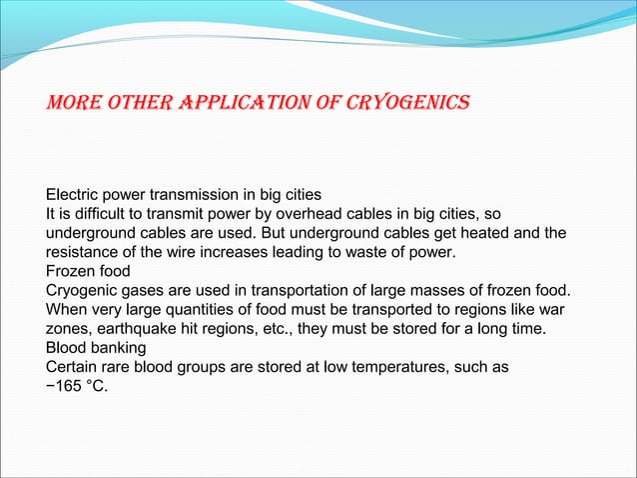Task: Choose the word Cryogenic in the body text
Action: pos(85,290)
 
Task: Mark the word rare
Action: pos(122,367)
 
